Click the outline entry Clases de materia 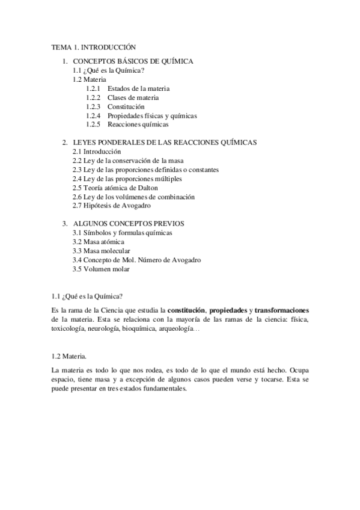tap(133, 97)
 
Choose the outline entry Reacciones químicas tap(138, 124)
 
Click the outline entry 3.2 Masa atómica tap(99, 242)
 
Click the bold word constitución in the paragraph tap(186, 309)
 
